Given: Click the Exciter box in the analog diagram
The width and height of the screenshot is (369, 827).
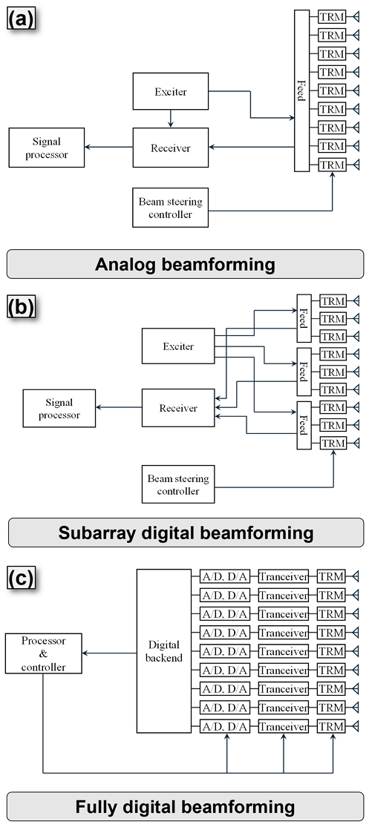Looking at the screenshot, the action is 171,92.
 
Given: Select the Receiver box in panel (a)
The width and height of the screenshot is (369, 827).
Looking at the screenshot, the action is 171,148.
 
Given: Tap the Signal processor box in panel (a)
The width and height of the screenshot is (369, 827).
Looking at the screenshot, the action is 47,147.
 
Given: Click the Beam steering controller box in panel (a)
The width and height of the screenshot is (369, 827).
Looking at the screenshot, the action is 171,207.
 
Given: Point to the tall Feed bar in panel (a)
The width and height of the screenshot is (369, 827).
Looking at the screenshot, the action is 301,90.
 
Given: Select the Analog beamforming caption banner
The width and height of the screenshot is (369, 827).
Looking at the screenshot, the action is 185,264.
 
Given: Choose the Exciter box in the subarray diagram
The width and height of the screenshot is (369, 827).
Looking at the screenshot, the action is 178,346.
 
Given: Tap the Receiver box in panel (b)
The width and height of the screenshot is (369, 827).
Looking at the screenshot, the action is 178,408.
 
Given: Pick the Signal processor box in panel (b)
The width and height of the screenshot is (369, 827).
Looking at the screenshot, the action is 59,408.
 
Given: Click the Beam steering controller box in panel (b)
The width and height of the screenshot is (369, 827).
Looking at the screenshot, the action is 178,484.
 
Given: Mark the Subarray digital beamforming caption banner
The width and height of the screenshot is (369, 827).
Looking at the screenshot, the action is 186,532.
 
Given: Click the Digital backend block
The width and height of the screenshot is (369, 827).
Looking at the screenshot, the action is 163,650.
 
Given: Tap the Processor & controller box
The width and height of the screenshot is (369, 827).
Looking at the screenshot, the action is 43,653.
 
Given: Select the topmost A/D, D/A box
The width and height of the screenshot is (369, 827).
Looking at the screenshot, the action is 224,576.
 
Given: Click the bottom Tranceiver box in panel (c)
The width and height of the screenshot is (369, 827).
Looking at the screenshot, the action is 283,726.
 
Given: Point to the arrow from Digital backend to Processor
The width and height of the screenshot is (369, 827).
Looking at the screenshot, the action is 109,653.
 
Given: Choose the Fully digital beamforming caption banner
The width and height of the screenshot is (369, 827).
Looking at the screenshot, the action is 185,806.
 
